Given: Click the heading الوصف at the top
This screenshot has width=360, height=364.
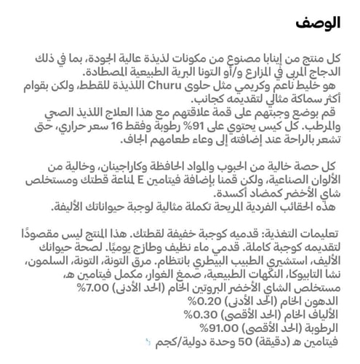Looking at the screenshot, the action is [x=321, y=23].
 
